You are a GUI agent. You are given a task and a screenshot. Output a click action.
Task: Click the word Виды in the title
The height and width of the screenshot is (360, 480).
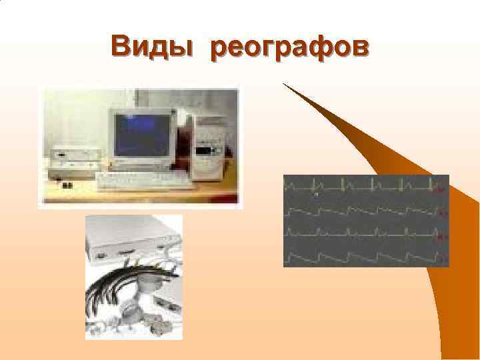[152, 47]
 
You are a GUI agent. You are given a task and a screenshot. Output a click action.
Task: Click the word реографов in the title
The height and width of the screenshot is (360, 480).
[289, 49]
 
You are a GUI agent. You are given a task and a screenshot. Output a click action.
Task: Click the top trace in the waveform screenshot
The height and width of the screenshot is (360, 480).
[360, 184]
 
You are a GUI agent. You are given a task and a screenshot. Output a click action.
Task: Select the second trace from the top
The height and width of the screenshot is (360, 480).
[360, 211]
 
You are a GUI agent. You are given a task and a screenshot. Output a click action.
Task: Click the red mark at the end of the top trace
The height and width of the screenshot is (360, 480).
[439, 188]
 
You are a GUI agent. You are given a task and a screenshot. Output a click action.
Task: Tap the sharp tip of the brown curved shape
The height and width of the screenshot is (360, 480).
[284, 84]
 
